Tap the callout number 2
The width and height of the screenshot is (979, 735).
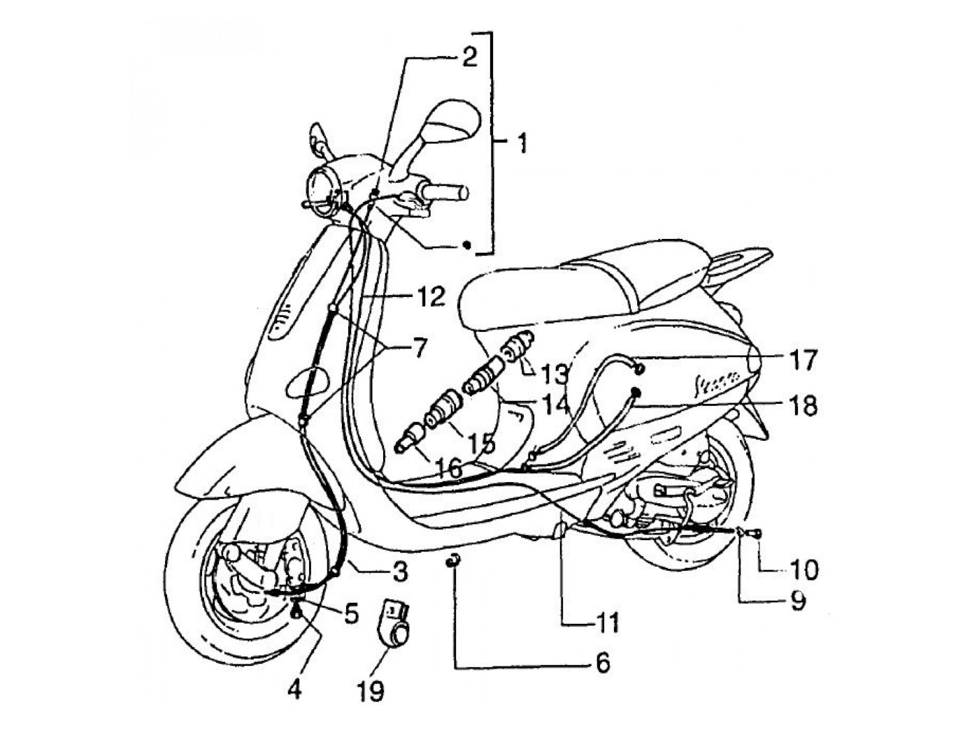coord(469,57)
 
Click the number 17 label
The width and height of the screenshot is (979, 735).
coord(801,361)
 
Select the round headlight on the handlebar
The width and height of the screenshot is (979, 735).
coord(322,188)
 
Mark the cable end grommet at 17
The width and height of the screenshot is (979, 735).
coord(638,365)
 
